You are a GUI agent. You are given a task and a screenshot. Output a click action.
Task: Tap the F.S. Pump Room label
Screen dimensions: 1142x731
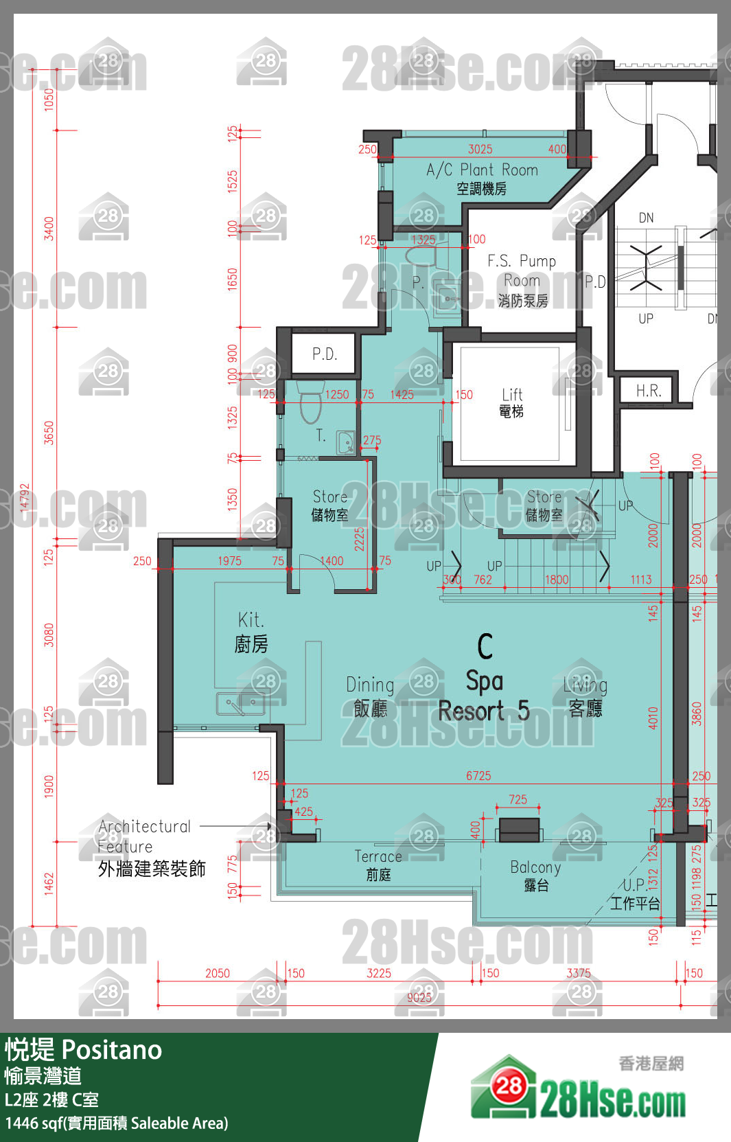point(522,279)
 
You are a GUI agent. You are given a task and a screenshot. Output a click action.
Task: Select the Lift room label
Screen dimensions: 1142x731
point(511,402)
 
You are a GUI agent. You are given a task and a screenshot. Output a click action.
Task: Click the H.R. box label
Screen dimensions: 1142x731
point(648,391)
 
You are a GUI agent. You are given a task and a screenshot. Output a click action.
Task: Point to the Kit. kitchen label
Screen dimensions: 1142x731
point(251,632)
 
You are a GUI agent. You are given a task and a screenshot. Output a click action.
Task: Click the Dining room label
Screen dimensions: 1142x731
point(370,695)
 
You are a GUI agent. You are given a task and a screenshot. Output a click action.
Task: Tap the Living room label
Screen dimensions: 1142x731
point(585,695)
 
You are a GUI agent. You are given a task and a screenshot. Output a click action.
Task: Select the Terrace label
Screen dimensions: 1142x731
point(378,864)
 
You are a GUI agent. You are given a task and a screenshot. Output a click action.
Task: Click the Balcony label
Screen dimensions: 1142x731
point(535,875)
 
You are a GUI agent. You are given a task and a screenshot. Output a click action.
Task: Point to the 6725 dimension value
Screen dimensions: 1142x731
point(478,776)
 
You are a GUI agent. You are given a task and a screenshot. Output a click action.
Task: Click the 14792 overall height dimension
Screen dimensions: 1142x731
point(25,498)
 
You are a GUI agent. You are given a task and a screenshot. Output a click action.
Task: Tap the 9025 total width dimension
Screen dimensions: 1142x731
point(419,997)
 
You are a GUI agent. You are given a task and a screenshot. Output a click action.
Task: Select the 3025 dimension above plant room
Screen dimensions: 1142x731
point(480,149)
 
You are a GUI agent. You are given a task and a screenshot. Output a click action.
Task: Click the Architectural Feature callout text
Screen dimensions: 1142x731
point(144,836)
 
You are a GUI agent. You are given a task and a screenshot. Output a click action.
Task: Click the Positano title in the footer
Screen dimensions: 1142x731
point(112,1050)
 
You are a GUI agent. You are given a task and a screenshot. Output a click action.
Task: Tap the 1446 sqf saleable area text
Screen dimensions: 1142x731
point(117,1123)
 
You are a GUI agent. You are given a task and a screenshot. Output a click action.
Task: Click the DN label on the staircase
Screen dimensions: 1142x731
point(646,218)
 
